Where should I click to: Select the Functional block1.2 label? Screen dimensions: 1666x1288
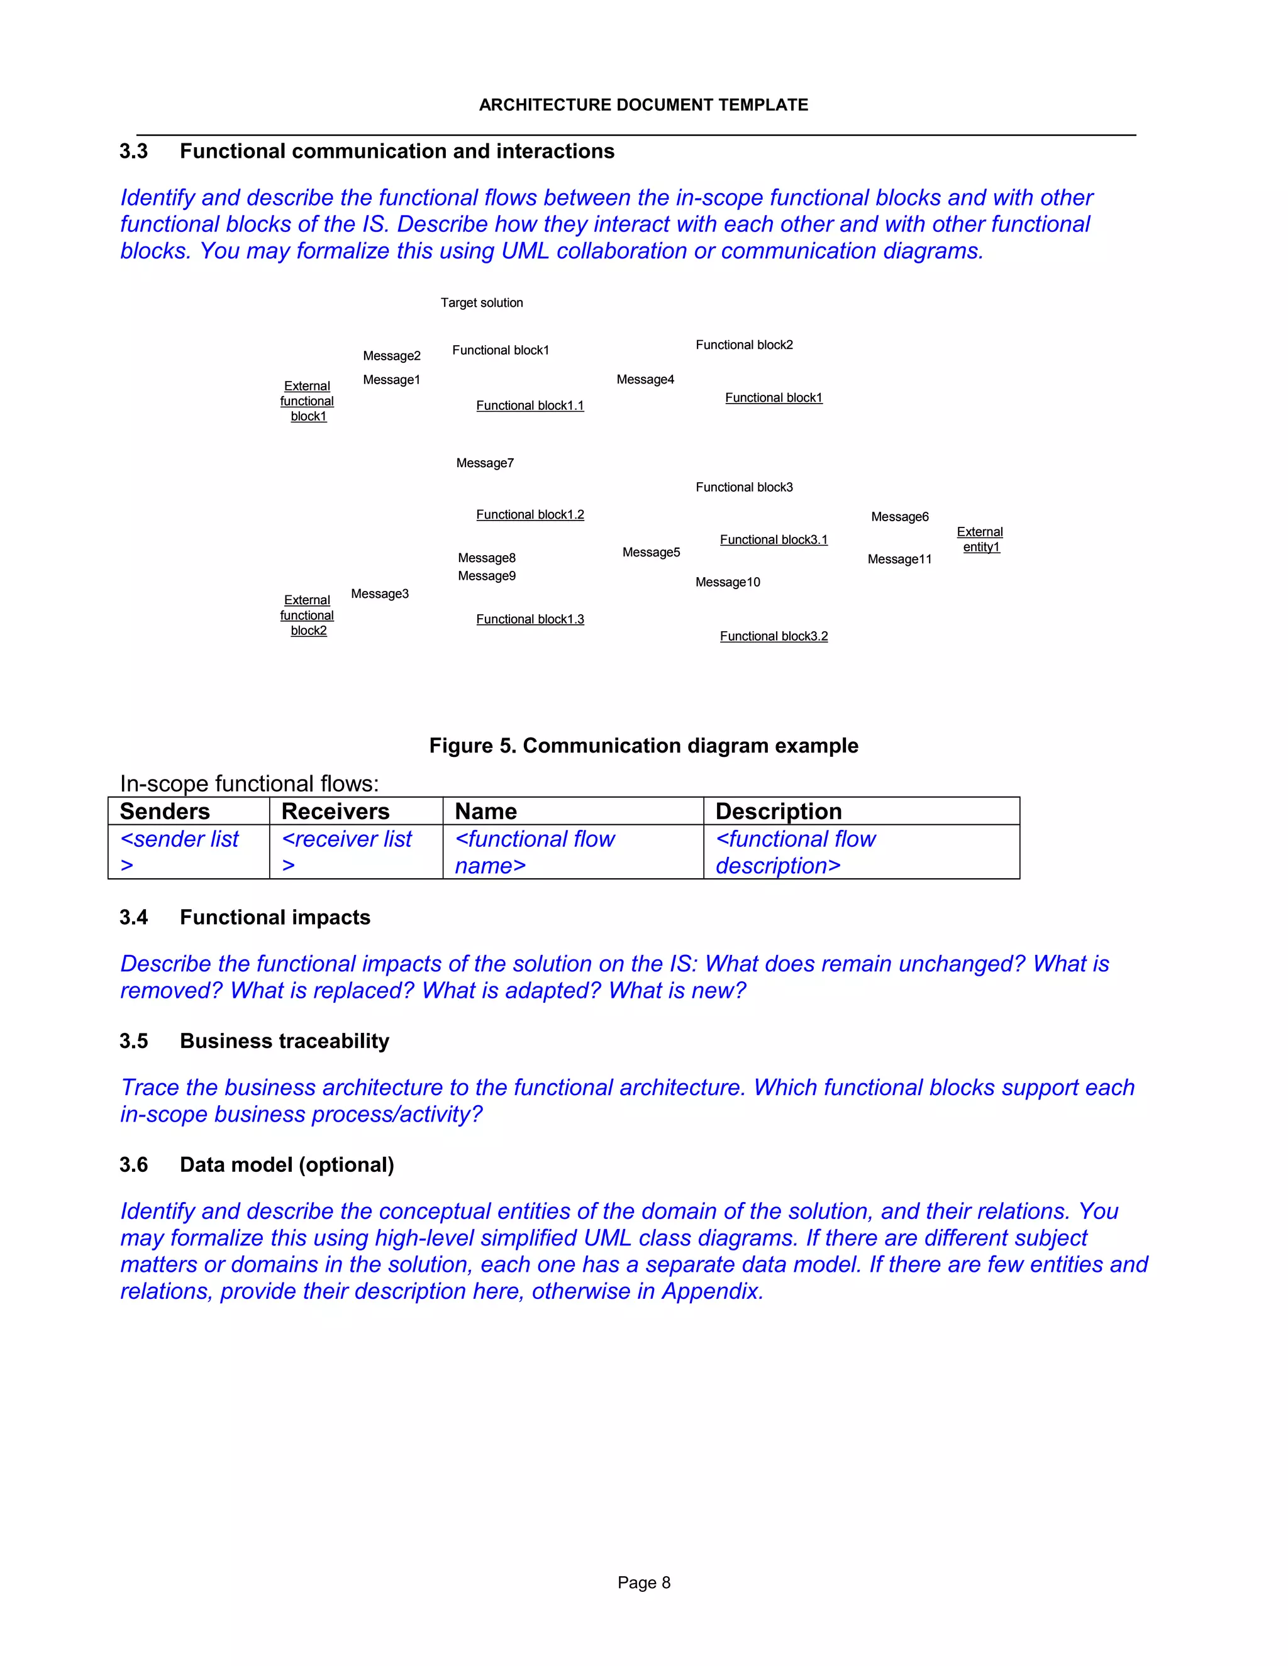[530, 515]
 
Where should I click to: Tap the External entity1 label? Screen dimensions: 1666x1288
[980, 539]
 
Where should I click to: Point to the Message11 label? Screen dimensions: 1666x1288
[899, 559]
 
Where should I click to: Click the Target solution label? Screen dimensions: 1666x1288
[482, 303]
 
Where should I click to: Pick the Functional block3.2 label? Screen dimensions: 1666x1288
[773, 636]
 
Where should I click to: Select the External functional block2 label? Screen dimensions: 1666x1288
[307, 615]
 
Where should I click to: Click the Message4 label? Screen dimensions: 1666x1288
[645, 380]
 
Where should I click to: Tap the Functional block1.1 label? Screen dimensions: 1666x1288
[530, 406]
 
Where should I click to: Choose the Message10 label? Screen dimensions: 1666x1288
[727, 582]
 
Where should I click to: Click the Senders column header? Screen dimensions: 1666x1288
[165, 811]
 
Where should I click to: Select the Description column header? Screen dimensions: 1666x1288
[779, 811]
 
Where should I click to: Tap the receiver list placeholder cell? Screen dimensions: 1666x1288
[347, 851]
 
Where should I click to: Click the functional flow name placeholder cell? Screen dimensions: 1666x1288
[534, 851]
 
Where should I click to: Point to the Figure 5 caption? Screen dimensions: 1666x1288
[643, 745]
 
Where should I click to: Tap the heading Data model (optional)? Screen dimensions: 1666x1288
[287, 1164]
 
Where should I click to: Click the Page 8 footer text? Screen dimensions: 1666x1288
[643, 1582]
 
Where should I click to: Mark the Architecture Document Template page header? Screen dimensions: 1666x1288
[643, 105]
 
